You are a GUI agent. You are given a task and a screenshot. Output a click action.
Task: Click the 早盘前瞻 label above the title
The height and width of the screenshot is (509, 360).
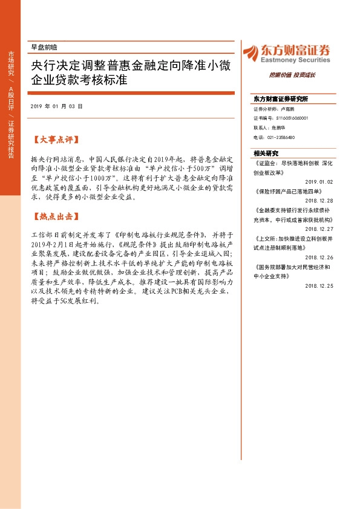click(x=43, y=47)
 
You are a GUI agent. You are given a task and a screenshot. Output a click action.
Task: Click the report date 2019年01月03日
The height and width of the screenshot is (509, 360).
click(x=56, y=106)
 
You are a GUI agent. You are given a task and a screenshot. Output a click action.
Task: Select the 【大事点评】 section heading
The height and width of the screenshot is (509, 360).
click(x=54, y=140)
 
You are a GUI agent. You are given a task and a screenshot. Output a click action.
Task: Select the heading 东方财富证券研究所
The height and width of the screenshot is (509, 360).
click(x=280, y=99)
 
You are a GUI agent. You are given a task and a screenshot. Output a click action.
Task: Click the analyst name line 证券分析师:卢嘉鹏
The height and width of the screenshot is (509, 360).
click(x=273, y=109)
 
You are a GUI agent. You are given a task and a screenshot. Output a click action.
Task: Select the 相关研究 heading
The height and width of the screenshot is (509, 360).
click(x=266, y=154)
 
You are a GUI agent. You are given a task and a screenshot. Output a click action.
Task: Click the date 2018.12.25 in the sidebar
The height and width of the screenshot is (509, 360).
click(x=319, y=286)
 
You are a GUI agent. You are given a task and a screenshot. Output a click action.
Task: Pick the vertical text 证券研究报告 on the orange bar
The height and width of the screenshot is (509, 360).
click(x=10, y=140)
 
